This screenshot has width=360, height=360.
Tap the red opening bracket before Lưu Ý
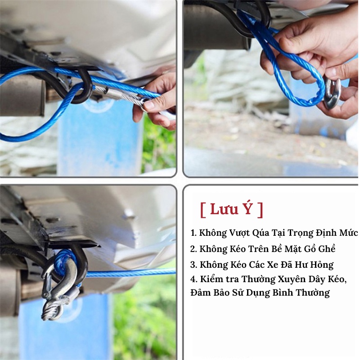coord(203,209)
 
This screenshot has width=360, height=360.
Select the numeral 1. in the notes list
coord(193,233)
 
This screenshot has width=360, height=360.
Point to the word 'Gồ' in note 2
coord(307,248)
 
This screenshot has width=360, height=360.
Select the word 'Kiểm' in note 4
coord(210,279)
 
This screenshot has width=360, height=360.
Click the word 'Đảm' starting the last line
coord(201,293)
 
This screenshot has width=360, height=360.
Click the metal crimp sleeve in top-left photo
coord(112,94)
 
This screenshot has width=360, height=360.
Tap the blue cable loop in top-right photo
coord(297,67)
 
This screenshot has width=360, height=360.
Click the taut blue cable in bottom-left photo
coord(130,273)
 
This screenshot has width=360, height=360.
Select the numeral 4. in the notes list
coord(193,279)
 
